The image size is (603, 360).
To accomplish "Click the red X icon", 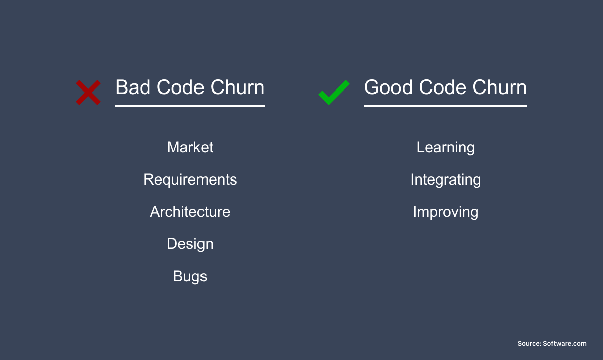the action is pos(88,93).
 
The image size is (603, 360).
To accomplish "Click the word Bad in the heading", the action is pos(133,87).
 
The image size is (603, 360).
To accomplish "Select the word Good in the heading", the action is pos(388,87).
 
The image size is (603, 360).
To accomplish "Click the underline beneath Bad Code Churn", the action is pos(190,106).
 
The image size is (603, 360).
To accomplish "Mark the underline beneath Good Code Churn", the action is pos(445,106).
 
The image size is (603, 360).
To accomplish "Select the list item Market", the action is pos(190,147).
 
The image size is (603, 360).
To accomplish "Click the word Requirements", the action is pos(190,179).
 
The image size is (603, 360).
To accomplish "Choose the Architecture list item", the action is pos(190,212).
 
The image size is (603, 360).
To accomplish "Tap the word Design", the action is pos(190,244).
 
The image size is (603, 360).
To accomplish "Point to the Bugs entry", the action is pos(190,276).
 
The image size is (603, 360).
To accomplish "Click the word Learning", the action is pos(446,147).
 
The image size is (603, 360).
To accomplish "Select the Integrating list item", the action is pos(446,180).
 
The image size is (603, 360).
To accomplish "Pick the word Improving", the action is pos(446,212).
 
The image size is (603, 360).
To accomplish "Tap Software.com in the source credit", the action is pos(565,343).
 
